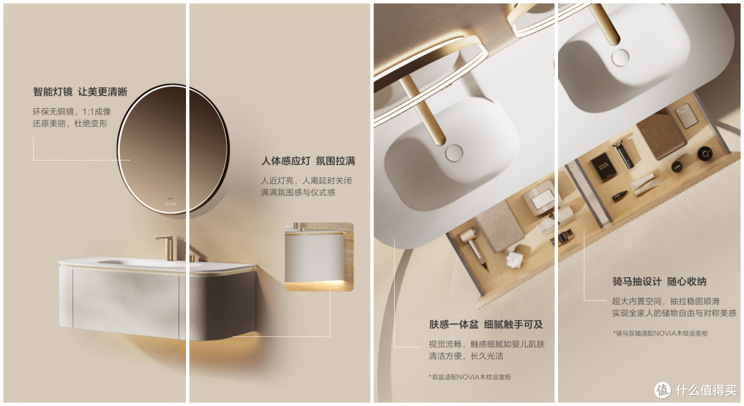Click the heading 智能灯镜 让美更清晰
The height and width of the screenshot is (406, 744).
[x=80, y=92]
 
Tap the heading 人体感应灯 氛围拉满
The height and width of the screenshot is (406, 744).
[x=309, y=161]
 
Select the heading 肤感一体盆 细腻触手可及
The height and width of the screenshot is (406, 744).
[x=486, y=325]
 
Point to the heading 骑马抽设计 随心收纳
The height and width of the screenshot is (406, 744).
[x=659, y=282]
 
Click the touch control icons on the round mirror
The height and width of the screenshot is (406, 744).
[x=170, y=204]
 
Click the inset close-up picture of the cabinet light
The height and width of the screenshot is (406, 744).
[x=319, y=256]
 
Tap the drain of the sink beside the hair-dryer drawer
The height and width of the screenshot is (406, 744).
[x=454, y=153]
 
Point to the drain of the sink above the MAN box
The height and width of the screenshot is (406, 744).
[x=620, y=57]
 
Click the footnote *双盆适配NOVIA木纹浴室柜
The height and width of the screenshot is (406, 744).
[x=470, y=377]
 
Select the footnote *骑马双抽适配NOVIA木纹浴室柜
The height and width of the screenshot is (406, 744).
[x=660, y=334]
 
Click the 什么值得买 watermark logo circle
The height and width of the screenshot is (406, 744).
[x=663, y=390]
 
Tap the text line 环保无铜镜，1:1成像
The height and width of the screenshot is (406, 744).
[x=72, y=112]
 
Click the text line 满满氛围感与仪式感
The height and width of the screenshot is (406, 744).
[x=298, y=192]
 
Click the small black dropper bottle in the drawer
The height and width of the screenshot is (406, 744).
[x=620, y=196]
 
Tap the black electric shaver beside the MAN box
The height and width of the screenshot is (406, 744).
[x=623, y=154]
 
